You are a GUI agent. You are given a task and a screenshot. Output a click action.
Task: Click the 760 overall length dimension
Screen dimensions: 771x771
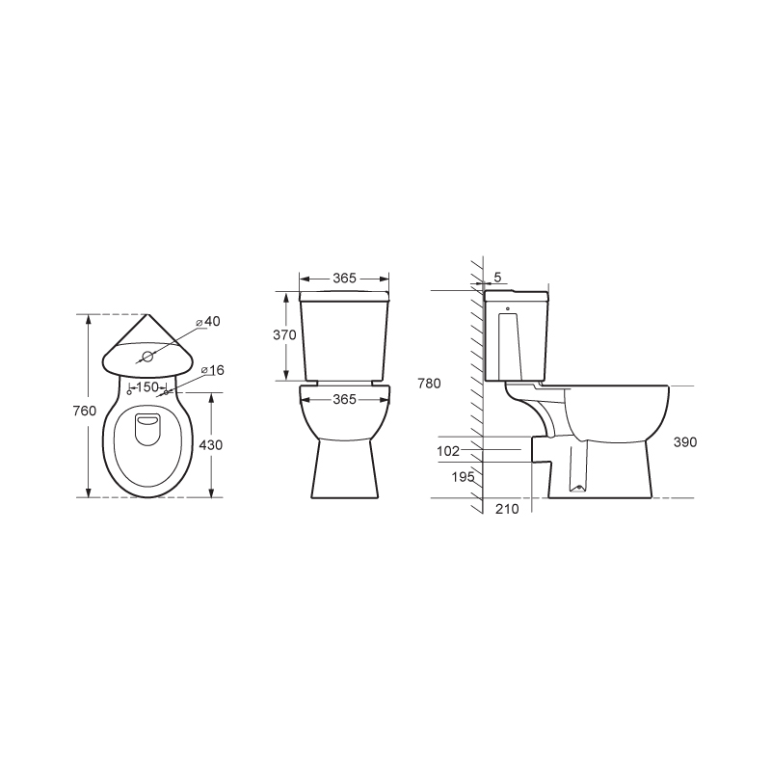85,411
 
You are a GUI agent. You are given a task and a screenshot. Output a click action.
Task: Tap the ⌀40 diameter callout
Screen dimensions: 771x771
207,322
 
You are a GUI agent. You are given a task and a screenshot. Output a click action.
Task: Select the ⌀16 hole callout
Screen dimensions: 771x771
212,370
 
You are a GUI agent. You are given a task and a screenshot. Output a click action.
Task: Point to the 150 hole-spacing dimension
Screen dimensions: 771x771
147,387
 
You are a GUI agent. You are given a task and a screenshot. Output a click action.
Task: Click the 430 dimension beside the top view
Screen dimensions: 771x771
210,445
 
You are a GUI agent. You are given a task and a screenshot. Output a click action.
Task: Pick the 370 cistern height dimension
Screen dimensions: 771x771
284,334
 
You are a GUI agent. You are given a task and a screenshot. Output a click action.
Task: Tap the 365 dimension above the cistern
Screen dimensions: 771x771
344,279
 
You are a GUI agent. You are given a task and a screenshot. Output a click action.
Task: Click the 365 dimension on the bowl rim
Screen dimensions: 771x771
344,399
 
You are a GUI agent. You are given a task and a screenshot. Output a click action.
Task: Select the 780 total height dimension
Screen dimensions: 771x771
429,383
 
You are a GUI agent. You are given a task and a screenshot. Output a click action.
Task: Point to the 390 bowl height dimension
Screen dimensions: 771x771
685,442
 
